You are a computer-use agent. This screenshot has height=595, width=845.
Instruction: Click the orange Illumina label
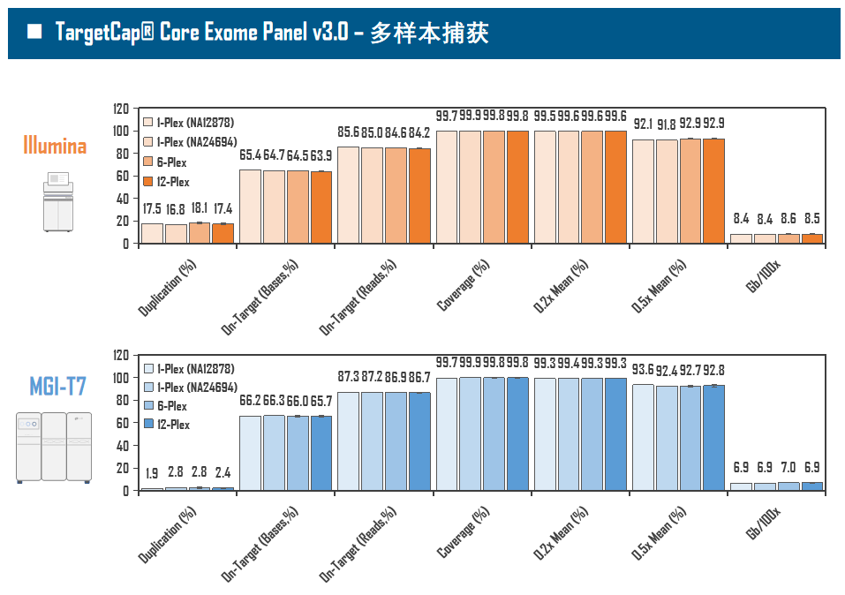pos(55,145)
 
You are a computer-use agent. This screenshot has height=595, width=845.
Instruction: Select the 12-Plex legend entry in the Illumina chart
pos(173,182)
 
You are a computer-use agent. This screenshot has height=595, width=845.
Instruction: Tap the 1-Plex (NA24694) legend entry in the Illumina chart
pos(194,141)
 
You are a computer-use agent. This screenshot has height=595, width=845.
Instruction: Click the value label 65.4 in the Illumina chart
pos(251,155)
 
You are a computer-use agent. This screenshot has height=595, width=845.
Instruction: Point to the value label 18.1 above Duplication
pos(200,209)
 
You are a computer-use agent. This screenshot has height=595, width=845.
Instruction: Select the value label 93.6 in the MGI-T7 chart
pos(643,370)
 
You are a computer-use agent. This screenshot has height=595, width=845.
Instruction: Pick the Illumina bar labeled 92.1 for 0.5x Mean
pos(643,191)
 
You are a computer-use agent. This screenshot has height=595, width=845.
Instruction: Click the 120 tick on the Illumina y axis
pos(121,109)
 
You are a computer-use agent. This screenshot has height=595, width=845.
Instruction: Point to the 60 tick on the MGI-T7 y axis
pos(124,423)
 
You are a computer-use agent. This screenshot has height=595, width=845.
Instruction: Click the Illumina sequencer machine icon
pos(58,202)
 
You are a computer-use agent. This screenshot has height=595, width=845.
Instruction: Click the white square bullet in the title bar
pos(34,33)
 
